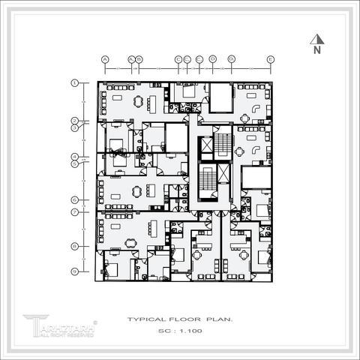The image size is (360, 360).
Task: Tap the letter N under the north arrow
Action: point(317,51)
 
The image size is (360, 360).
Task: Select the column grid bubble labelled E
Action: point(270,58)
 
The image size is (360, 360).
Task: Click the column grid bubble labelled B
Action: point(139,58)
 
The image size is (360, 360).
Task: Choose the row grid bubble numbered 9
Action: point(75,271)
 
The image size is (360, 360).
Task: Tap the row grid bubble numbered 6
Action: point(75,200)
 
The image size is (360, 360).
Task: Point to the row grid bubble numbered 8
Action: point(75,246)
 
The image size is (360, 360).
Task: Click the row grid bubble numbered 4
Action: point(75,157)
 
